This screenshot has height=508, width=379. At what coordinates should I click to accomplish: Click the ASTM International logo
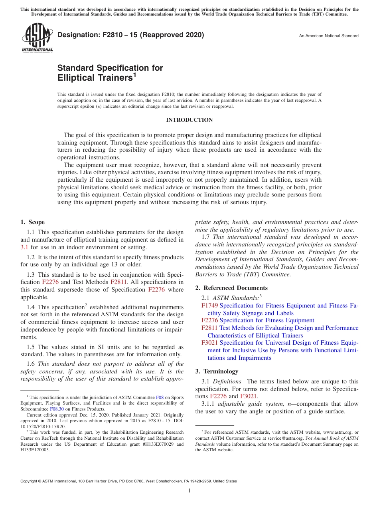pos(37,38)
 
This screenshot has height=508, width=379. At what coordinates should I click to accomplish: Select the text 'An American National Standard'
pos(328,36)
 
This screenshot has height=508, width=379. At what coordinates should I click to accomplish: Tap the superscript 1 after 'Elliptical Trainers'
pos(134,74)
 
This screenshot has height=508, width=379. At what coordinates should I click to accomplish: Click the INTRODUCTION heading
pos(189,120)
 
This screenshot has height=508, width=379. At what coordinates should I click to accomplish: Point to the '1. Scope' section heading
pos(33,222)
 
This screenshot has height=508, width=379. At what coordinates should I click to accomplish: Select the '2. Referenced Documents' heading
pos(231,288)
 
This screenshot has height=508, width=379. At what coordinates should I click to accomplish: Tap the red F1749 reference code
pos(209,306)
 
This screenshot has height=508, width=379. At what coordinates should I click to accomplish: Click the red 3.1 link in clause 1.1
pos(24,247)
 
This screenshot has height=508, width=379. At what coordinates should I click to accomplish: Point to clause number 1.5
pos(31,347)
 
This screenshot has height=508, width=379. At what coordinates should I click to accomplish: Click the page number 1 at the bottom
pos(189,491)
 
